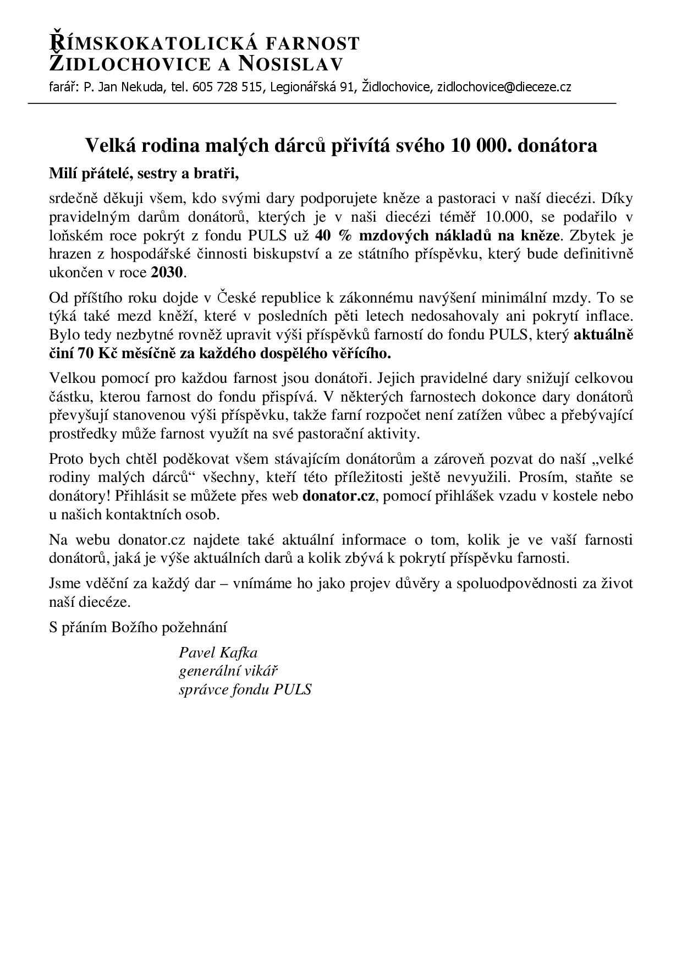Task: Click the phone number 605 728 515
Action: pos(228,87)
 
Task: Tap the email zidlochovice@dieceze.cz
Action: pos(504,87)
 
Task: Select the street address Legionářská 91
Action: pos(311,87)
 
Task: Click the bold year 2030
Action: pos(168,272)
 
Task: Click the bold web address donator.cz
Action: pos(339,495)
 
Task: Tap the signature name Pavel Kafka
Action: pos(218,653)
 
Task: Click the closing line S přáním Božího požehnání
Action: pos(138,627)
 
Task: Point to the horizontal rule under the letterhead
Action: pos(322,103)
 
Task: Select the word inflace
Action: pos(608,316)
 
